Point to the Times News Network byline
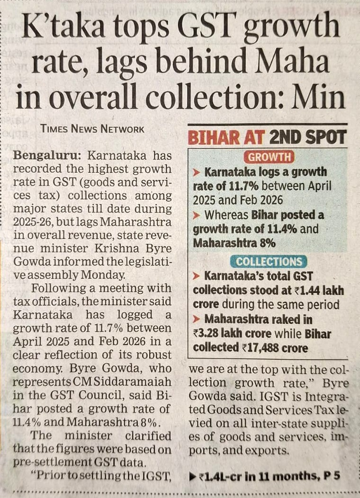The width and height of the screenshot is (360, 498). [x=92, y=128]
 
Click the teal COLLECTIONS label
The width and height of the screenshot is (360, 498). [x=269, y=262]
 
